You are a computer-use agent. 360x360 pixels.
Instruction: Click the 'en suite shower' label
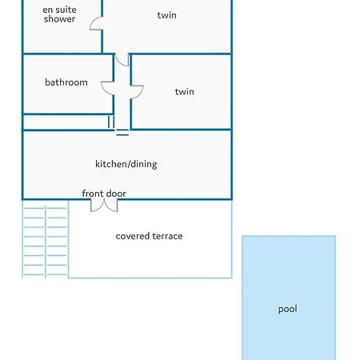[59, 14]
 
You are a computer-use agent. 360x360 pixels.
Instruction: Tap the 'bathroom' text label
[66, 82]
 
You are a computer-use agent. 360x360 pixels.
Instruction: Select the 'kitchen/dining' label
[126, 164]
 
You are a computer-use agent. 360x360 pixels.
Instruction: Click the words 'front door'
[104, 194]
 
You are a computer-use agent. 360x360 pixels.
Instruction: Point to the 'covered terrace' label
[149, 236]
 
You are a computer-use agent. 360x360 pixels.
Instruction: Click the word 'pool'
[287, 309]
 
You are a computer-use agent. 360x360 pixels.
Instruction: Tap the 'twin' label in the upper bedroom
[166, 15]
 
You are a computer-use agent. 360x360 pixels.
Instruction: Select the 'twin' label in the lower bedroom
[184, 92]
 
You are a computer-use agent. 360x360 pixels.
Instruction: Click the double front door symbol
[104, 206]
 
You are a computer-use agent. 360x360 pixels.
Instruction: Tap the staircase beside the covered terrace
[45, 239]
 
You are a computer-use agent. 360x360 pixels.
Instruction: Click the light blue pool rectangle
[289, 298]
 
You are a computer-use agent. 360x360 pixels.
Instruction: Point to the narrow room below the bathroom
[66, 122]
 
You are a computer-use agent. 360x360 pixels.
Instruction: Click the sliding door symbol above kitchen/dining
[122, 132]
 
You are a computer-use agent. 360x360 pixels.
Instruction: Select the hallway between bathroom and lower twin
[122, 92]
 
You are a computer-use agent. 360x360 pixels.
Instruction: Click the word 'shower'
[59, 19]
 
